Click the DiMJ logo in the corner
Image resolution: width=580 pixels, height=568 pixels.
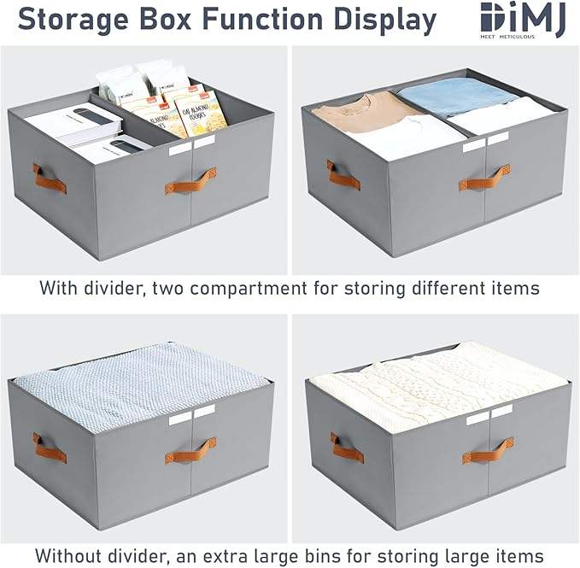click(x=522, y=20)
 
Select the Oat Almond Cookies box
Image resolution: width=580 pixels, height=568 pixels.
click(x=202, y=113)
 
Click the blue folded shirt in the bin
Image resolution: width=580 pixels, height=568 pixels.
click(x=456, y=97)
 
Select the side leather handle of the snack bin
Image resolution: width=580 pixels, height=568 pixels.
click(x=50, y=178)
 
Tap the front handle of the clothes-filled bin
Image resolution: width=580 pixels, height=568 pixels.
click(x=484, y=178)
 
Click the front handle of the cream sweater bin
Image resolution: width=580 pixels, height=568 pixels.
click(x=487, y=449)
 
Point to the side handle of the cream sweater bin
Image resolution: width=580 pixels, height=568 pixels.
click(x=346, y=448)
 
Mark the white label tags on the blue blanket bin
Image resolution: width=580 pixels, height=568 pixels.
click(x=191, y=416)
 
